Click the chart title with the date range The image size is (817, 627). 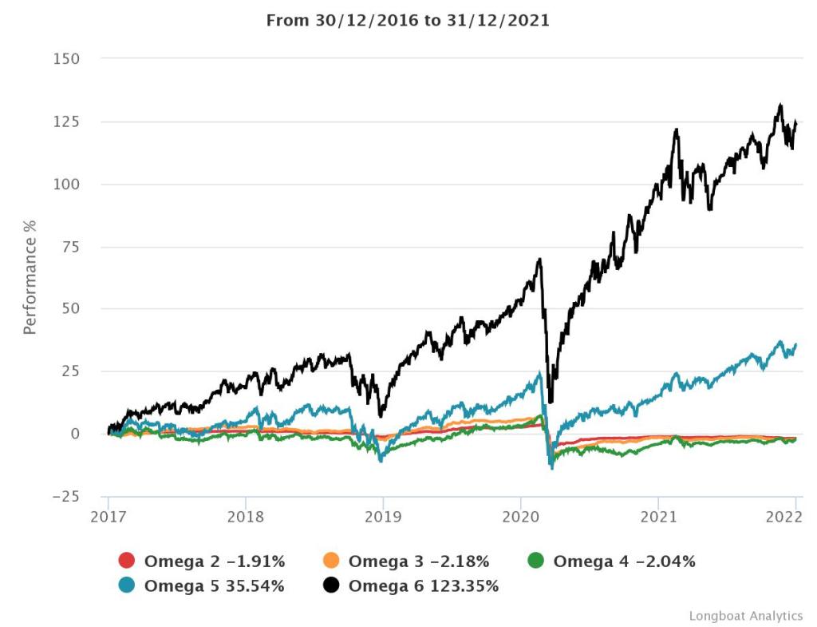[408, 20]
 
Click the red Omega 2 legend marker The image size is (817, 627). [126, 561]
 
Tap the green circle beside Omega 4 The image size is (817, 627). [535, 561]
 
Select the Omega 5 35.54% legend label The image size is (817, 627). [214, 585]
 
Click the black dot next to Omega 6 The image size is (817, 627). [331, 585]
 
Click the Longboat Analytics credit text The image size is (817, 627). [745, 615]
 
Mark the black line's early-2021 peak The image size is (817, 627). [677, 129]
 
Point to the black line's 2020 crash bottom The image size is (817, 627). [551, 403]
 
